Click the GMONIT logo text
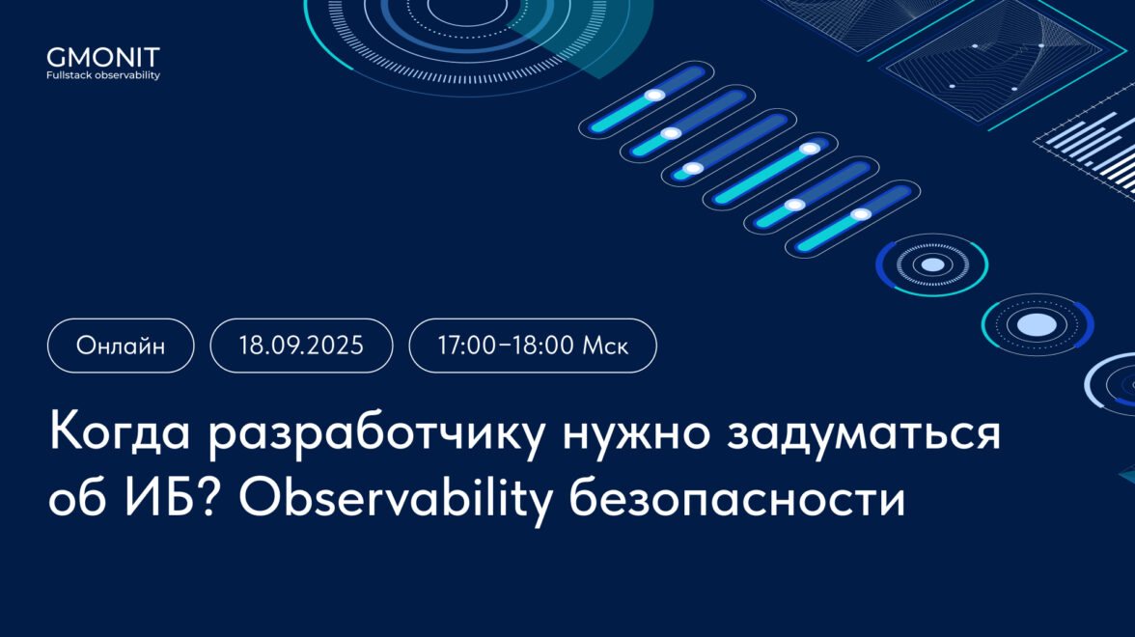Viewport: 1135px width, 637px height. (102, 57)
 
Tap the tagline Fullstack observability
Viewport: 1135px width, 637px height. (102, 75)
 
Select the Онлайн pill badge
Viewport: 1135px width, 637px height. (121, 346)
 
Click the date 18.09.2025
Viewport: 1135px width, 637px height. (301, 346)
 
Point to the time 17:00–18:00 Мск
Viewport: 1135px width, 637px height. (533, 346)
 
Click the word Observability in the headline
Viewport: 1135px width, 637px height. (396, 501)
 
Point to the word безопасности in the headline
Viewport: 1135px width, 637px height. (737, 498)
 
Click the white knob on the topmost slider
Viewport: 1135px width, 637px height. (654, 95)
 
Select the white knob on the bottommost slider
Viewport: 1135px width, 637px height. (861, 214)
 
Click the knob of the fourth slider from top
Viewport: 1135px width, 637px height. (810, 149)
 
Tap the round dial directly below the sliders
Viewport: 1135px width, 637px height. (932, 264)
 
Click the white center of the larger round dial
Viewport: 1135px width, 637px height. (1038, 324)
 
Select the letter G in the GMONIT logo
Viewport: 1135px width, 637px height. (56, 57)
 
